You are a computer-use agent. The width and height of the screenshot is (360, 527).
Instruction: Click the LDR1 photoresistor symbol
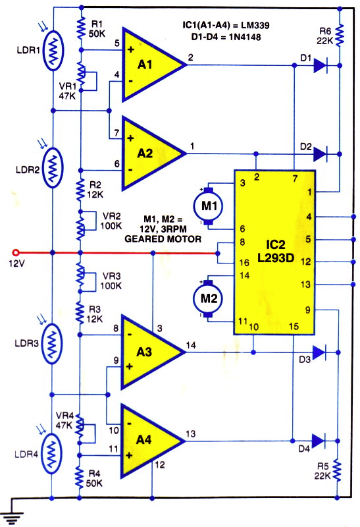point(53,51)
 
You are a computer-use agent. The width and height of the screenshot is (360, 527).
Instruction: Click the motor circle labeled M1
point(209,206)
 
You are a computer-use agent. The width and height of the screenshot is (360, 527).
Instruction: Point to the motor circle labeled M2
point(208,298)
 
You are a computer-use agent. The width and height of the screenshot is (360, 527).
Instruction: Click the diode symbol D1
point(321,65)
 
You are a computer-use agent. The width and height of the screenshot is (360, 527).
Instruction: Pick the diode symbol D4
point(319,441)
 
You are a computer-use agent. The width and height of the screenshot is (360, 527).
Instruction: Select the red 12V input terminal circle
point(15,252)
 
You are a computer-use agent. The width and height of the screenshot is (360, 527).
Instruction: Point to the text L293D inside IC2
point(276,258)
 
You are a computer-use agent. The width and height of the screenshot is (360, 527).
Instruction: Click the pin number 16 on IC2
point(244,262)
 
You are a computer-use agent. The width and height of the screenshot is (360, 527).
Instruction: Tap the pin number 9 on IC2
point(307,310)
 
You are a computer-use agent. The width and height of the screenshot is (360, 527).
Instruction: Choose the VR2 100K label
point(111,221)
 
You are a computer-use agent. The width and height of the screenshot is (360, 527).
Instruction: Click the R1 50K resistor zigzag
point(80,28)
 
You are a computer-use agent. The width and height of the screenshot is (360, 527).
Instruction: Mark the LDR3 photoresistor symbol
point(51,344)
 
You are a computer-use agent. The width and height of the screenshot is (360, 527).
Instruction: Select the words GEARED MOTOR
point(163,239)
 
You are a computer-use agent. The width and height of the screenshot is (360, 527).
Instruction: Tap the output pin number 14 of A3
point(191,345)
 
